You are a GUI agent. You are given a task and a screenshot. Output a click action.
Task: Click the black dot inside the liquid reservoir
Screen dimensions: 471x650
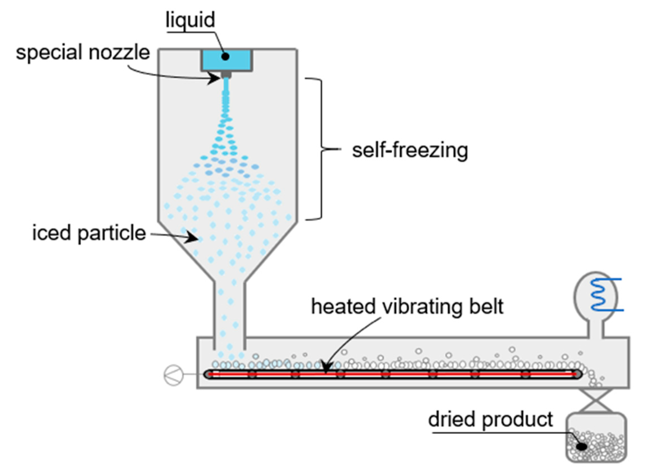226,56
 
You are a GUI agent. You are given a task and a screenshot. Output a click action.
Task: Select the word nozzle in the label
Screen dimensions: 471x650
119,52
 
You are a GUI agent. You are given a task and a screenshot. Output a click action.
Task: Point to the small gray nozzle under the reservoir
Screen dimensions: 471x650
226,75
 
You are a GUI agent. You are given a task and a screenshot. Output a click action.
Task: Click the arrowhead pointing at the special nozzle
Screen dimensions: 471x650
214,78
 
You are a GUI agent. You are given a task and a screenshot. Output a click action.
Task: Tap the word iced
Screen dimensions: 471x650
51,233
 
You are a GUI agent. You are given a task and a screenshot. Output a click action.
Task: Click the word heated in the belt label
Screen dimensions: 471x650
344,307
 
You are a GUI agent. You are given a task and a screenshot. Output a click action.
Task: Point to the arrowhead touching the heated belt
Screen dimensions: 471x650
326,368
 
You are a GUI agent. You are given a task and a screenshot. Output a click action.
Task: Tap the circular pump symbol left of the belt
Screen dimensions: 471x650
173,375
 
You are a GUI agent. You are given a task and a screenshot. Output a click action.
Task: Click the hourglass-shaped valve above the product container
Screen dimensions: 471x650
596,401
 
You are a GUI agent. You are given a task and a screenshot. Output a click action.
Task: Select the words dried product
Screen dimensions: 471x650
490,420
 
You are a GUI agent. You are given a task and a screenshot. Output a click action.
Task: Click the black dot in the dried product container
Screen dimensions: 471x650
582,446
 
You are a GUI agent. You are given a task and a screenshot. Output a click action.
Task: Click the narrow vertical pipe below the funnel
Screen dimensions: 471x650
229,312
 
